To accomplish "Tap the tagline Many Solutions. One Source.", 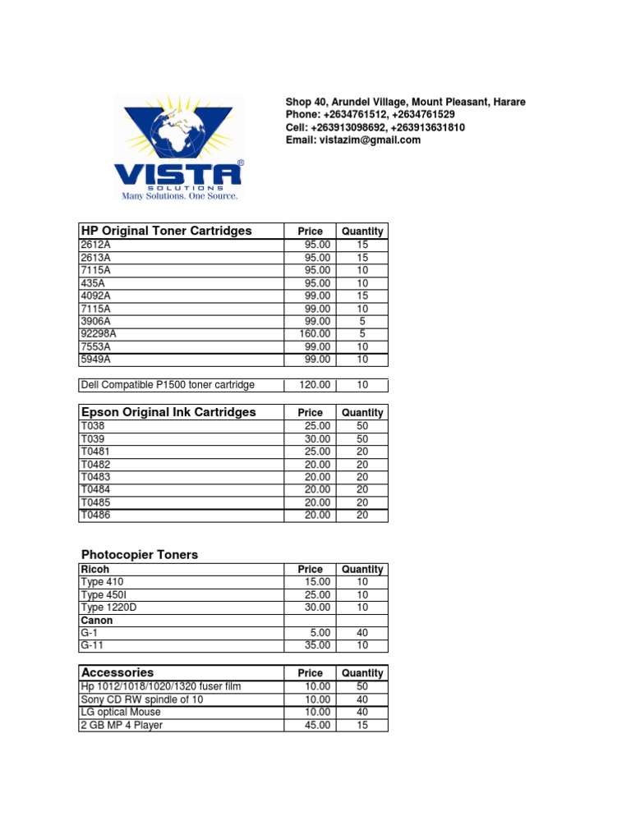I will pyautogui.click(x=180, y=196).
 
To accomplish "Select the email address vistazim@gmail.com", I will pyautogui.click(x=352, y=140).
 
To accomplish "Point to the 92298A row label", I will pyautogui.click(x=99, y=333).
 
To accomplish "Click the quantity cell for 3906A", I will pyautogui.click(x=362, y=321).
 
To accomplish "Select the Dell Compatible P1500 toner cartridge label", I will pyautogui.click(x=168, y=385).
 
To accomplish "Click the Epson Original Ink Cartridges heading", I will pyautogui.click(x=168, y=412).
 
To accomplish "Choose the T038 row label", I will pyautogui.click(x=93, y=426).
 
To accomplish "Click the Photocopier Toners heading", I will pyautogui.click(x=140, y=555).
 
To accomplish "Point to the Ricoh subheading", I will pyautogui.click(x=94, y=569).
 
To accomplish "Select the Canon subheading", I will pyautogui.click(x=96, y=621).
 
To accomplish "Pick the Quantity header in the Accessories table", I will pyautogui.click(x=362, y=673).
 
